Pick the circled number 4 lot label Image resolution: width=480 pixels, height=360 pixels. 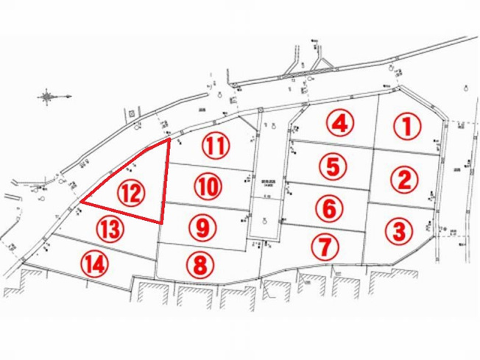click(x=339, y=123)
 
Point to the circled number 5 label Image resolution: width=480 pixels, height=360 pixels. click(x=333, y=166)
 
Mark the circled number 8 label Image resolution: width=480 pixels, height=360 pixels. click(x=201, y=264)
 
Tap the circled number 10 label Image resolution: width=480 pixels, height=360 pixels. click(x=208, y=186)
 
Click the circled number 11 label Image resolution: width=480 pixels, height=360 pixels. click(x=214, y=146)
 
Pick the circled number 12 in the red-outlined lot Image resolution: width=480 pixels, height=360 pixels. click(x=131, y=194)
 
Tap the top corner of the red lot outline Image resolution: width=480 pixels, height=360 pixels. click(x=169, y=138)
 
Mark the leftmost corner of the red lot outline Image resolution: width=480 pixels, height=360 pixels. click(x=80, y=202)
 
